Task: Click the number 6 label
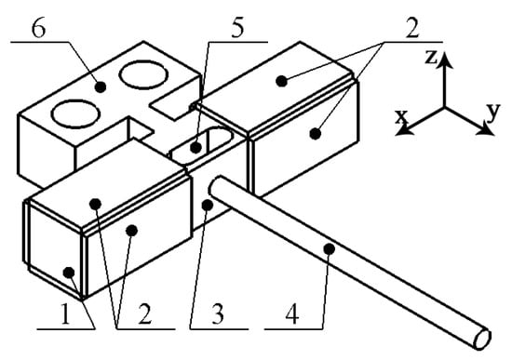point(38,30)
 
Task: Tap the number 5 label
point(237,29)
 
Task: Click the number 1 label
point(66,315)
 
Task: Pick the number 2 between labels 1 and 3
point(145,314)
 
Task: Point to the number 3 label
point(218,314)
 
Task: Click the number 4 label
point(292,315)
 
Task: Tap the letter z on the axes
point(431,57)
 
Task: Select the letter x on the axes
point(401,117)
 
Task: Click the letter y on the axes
point(493,111)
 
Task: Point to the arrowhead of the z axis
point(444,60)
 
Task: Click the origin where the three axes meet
point(444,107)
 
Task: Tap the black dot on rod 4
point(330,249)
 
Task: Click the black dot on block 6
point(101,87)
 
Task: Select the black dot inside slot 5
point(195,148)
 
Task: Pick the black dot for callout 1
point(69,273)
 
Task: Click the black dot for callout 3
point(208,205)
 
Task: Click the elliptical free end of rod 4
point(482,340)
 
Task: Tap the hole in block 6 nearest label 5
point(143,74)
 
